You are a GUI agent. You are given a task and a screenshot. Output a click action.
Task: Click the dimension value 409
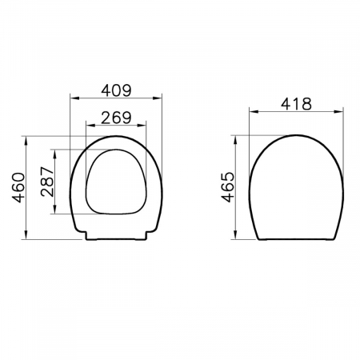pos(116,90)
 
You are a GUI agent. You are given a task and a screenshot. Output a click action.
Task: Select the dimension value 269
pos(116,118)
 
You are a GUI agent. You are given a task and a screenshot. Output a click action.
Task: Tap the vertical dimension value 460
pos(18,187)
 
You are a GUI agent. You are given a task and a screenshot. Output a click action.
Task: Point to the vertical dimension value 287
pos(47,182)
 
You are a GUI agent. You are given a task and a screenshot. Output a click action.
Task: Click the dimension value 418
pos(296,104)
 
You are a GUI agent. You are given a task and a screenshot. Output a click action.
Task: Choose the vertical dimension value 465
pos(228,187)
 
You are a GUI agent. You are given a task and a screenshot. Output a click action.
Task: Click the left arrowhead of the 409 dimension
pos(74,98)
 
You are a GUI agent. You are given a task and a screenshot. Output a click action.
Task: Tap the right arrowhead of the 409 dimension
pos(158,98)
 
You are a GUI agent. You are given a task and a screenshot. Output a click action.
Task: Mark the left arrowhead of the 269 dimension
pos(90,125)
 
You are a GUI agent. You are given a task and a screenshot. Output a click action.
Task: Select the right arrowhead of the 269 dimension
pos(142,125)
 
